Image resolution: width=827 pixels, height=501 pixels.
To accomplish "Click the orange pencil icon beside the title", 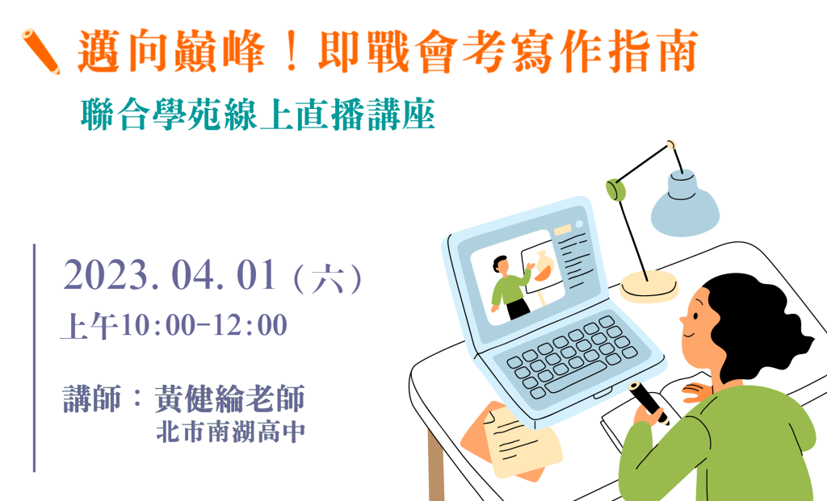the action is (x=40, y=51).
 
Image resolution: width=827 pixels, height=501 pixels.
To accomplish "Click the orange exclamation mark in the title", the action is (x=291, y=52).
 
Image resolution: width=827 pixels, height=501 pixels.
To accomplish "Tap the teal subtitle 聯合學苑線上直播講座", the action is (x=258, y=115).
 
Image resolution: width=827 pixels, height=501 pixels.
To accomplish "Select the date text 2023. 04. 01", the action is (x=170, y=275).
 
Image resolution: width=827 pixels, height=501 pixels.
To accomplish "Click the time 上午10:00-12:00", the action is (x=174, y=325).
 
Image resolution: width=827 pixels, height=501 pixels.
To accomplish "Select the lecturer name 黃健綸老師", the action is (x=230, y=399).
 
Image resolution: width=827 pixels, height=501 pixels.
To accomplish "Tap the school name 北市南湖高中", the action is (x=231, y=432).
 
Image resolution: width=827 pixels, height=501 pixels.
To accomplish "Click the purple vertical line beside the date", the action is (x=34, y=357).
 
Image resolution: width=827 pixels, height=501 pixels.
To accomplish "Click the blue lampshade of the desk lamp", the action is (x=685, y=202).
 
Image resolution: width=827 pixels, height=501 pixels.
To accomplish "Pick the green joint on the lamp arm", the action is (x=615, y=190).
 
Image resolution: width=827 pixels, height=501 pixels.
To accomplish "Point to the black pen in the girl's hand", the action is (x=649, y=403).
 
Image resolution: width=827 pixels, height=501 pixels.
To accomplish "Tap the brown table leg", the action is (x=436, y=465).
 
